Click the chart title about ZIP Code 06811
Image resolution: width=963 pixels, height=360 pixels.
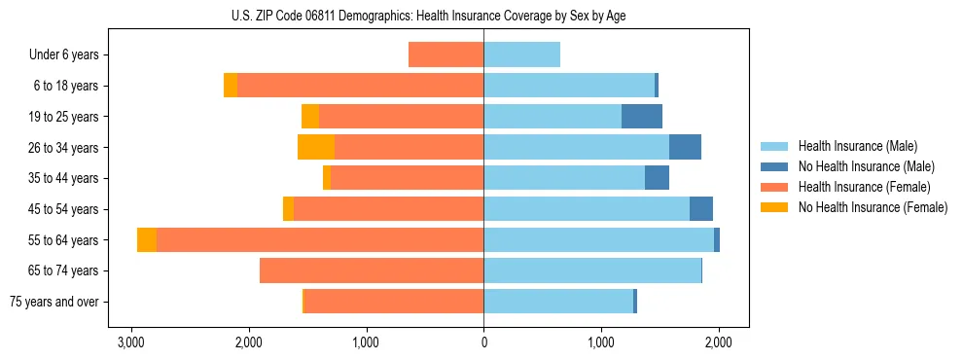483,16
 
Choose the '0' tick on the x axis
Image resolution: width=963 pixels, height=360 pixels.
483,342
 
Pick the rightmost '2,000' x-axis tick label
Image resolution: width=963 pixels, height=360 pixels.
719,342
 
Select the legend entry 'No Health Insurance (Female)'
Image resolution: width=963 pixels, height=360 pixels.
873,207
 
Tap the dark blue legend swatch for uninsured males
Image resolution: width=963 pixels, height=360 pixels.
774,166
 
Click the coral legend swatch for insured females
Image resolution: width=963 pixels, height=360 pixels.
774,187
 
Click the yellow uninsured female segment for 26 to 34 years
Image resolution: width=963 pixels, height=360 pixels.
316,147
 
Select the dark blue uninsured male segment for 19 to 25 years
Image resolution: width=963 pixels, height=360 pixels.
642,116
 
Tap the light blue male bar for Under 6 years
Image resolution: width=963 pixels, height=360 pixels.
521,54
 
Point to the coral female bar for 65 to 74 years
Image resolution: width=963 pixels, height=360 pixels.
372,270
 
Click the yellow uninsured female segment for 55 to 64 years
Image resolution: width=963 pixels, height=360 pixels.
147,239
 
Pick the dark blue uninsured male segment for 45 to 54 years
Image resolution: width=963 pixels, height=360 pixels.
701,208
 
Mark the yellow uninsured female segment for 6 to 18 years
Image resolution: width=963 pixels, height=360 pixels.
231,86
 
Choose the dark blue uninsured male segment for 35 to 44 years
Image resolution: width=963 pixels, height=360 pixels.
657,178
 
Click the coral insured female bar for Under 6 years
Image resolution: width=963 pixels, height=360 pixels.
446,54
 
